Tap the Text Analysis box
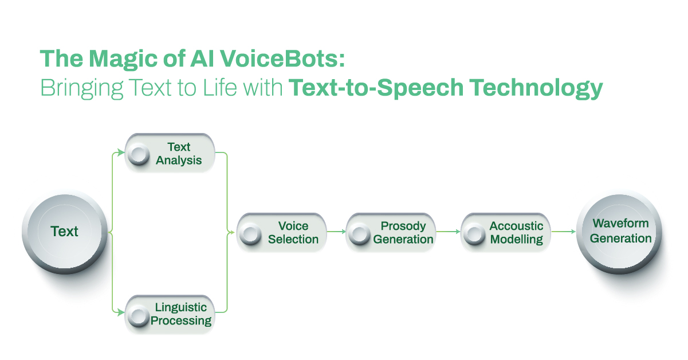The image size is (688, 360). [x=170, y=153]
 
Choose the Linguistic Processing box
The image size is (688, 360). [x=170, y=315]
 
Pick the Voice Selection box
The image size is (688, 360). [x=281, y=233]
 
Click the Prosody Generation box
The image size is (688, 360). [x=391, y=233]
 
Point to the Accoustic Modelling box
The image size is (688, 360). [x=506, y=233]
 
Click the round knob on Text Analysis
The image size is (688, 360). [x=139, y=154]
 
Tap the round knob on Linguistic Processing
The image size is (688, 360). [x=139, y=316]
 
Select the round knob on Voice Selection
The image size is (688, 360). [x=250, y=234]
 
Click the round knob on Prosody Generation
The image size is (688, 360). [x=360, y=234]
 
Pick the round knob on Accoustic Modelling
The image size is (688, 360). [x=474, y=234]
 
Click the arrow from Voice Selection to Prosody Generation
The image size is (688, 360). [x=336, y=232]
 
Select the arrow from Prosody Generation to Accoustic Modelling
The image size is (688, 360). [x=449, y=232]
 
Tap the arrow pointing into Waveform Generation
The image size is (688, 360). [x=564, y=232]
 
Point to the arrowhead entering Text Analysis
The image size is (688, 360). [x=121, y=152]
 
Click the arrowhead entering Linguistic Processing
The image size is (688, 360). [x=121, y=312]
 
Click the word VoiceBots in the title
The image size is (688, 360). [x=282, y=58]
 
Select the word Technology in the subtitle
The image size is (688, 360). [x=536, y=88]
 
